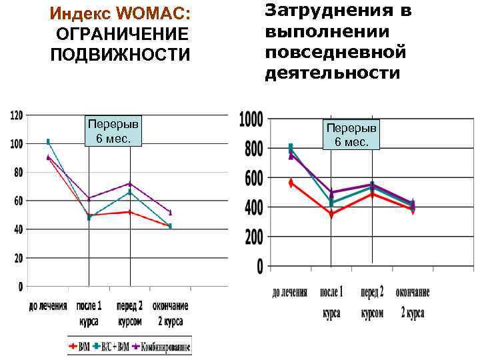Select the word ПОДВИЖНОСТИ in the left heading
tap(120, 53)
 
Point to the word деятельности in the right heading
tap(333, 72)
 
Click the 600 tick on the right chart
tap(253, 179)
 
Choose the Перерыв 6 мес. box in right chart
tap(351, 134)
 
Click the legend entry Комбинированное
tap(163, 347)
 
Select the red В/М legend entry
tap(80, 347)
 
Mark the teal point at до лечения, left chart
tap(48, 141)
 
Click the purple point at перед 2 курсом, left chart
tap(130, 183)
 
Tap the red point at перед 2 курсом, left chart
tap(130, 212)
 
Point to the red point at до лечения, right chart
tap(291, 182)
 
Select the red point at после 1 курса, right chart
tap(331, 215)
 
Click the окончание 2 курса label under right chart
tap(413, 303)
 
